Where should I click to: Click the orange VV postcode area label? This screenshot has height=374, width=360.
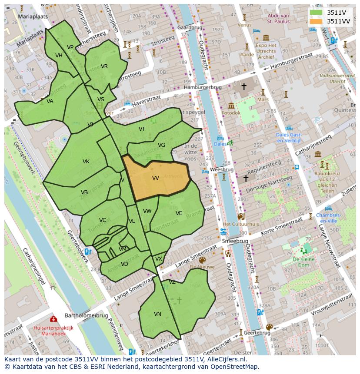pos(156,178)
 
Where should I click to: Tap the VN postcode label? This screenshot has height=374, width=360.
pos(157,314)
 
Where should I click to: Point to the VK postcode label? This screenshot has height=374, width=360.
pos(86,162)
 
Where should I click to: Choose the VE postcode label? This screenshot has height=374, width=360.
pos(179,213)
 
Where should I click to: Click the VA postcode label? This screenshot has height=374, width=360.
pos(50,101)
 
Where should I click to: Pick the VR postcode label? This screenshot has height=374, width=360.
pos(104,66)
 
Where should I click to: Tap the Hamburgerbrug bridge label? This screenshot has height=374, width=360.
pos(203,87)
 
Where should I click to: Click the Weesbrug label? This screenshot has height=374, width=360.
pos(222,169)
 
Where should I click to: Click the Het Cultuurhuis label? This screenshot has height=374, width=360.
pos(240,224)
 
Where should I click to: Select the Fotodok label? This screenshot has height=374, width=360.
pos(230,113)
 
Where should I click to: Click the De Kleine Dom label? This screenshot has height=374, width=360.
pos(303,262)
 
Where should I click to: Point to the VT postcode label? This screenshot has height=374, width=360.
pos(142,129)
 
